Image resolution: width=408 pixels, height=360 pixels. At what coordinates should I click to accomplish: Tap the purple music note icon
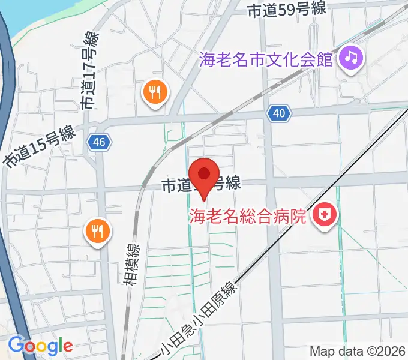pos(349,58)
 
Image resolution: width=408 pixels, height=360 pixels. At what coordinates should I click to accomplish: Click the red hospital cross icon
pos(326,214)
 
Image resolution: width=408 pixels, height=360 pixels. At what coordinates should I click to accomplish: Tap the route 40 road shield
pos(280,112)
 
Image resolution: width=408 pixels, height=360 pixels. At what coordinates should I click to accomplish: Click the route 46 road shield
pos(98,142)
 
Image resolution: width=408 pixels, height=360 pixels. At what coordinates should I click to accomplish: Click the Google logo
pos(40,345)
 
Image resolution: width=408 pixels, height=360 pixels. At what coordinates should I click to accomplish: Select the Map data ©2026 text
pos(358,351)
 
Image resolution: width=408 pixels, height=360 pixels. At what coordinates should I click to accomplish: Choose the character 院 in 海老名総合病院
pos(298,214)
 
